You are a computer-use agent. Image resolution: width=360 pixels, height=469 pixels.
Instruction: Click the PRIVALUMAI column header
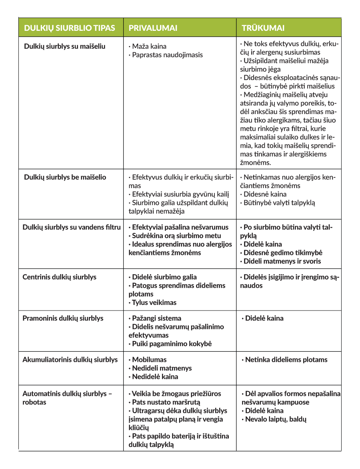(x=153, y=28)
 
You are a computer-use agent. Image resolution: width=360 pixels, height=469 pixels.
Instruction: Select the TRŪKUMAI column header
(x=263, y=28)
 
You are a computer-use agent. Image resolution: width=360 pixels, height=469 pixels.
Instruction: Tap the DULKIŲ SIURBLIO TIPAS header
(x=70, y=28)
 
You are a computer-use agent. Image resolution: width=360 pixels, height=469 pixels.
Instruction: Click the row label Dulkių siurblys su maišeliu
(x=64, y=46)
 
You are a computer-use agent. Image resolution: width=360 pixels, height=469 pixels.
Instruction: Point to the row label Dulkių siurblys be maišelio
(x=65, y=177)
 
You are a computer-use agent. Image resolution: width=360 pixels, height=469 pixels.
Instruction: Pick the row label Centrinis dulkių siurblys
(x=59, y=277)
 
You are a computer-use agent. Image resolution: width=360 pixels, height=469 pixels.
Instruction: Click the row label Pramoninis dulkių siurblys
(x=63, y=318)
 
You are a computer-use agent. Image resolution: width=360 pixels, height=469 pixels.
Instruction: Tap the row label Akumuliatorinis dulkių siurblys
(x=70, y=359)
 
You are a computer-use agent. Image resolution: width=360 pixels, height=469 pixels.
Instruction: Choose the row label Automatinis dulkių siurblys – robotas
(x=67, y=398)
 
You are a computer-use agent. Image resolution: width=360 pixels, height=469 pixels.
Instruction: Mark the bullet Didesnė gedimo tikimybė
(x=282, y=253)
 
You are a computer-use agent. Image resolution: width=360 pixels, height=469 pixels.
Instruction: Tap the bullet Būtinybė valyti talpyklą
(x=279, y=202)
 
